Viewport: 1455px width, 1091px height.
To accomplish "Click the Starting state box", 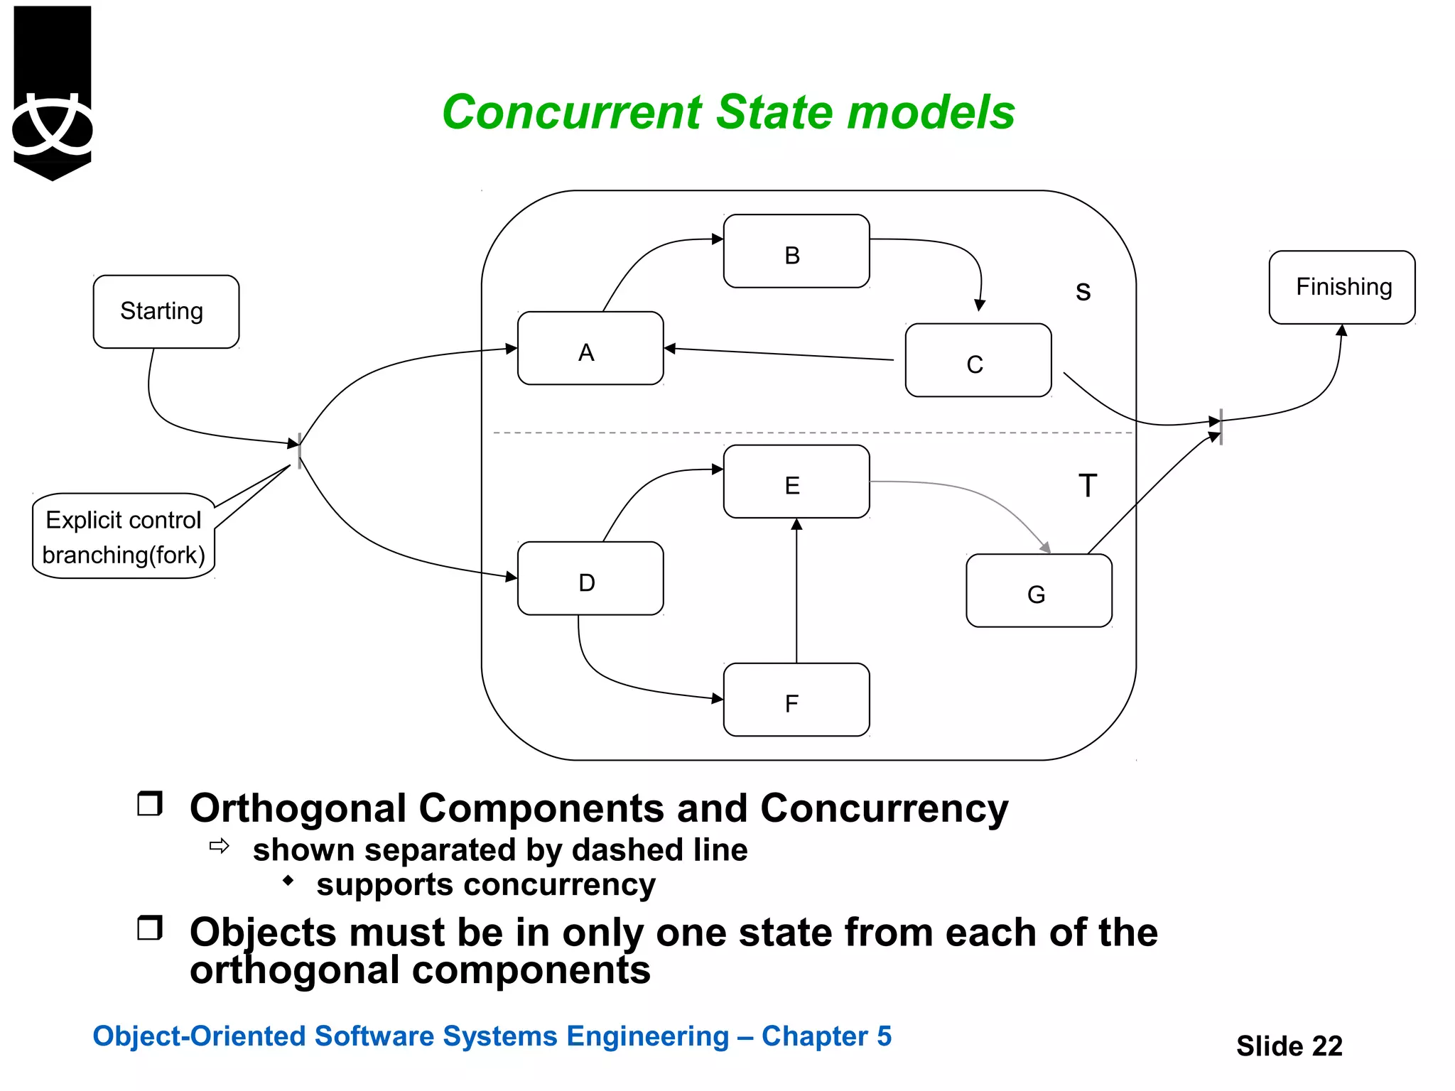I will tap(166, 312).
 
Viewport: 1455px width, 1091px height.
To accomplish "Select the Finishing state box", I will tap(1341, 287).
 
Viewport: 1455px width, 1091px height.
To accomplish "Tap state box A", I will tap(590, 349).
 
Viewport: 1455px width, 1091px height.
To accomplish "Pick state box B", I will tap(796, 251).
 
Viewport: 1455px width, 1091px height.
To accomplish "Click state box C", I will tap(978, 361).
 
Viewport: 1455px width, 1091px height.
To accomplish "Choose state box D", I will tap(590, 579).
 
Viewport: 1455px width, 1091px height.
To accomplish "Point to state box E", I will tap(796, 482).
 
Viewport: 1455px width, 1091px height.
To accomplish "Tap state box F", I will tap(796, 700).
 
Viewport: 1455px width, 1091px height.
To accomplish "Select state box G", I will tap(1039, 591).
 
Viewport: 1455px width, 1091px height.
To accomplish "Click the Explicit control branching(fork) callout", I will tap(124, 537).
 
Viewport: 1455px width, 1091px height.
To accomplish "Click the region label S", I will tap(1083, 291).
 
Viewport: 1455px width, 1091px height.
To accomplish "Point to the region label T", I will tap(1087, 487).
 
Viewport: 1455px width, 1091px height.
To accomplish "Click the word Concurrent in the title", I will tap(572, 112).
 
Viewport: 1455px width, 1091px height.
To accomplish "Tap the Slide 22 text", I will tap(1289, 1046).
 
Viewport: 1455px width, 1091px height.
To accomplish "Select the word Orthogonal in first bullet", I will tap(298, 809).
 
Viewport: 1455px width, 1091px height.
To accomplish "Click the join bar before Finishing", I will tap(1221, 426).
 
